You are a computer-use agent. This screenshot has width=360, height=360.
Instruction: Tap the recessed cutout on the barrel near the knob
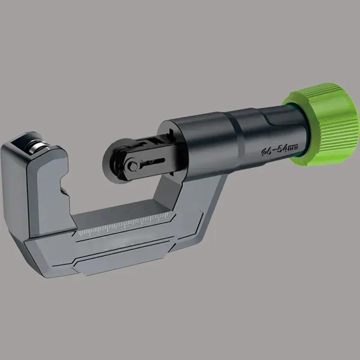click(x=272, y=121)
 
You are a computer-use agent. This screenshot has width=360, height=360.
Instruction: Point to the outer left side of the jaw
click(x=13, y=189)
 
